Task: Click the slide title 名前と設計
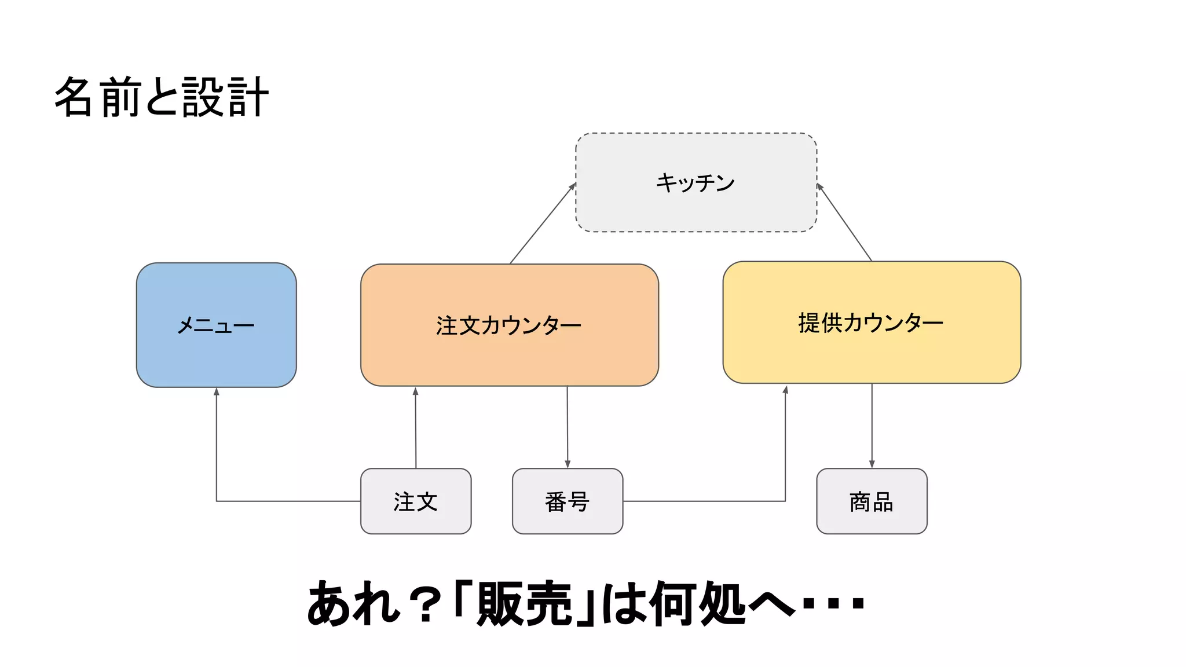pos(162,97)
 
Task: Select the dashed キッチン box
pos(696,182)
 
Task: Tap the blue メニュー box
pos(216,325)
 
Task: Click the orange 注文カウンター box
pos(509,325)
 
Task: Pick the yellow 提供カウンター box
pos(871,322)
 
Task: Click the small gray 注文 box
pos(415,501)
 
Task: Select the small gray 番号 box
pos(567,501)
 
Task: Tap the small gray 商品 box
pos(871,501)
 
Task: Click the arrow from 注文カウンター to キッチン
pos(542,223)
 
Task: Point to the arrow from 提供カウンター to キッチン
pos(844,222)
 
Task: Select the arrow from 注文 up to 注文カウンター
pos(415,428)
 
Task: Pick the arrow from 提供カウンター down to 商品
pos(872,426)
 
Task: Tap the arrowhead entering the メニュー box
pos(217,392)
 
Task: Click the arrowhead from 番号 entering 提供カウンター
pos(785,390)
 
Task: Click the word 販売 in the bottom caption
pos(524,604)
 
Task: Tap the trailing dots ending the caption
pos(833,604)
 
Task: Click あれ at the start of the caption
pos(353,604)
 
